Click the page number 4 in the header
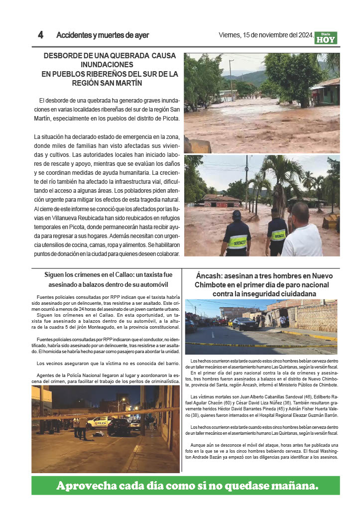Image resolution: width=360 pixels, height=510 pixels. coord(41,35)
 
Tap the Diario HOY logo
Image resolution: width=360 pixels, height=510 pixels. coord(326,38)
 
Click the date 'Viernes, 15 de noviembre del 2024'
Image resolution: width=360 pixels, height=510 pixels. coord(266,35)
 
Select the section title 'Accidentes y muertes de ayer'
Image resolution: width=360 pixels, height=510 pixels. coord(103,35)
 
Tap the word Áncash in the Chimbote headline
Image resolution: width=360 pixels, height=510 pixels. coord(210,276)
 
